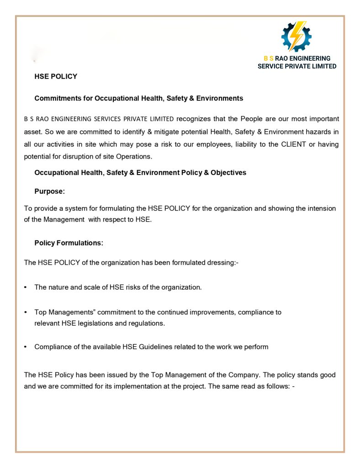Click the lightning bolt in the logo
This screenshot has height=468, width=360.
297,36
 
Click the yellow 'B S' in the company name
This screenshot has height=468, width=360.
269,58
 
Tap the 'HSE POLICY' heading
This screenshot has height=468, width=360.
56,76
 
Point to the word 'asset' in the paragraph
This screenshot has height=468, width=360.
32,132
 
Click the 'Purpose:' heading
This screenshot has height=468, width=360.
49,191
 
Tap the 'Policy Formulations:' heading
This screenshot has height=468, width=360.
69,243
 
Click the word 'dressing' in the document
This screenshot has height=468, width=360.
218,263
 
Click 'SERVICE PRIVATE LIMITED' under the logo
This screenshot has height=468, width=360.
297,66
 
